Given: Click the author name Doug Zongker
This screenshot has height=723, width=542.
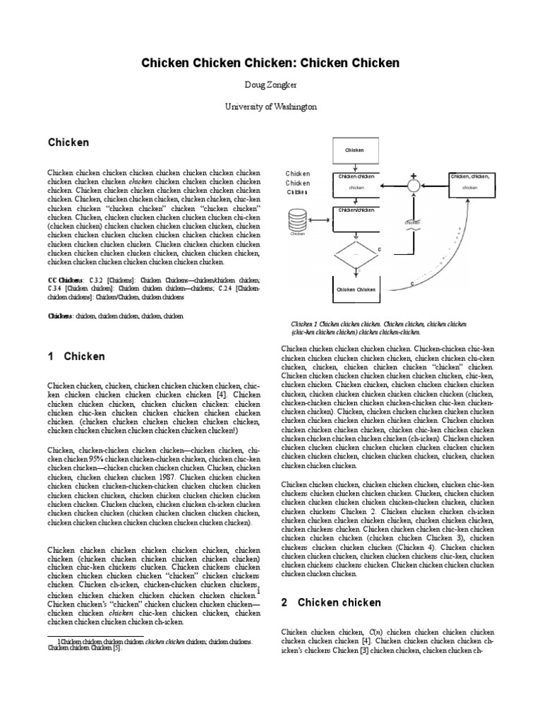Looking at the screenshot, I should (x=271, y=85).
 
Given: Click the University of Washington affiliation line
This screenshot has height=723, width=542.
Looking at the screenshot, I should (x=271, y=107).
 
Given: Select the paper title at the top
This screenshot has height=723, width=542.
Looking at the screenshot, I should (x=271, y=63).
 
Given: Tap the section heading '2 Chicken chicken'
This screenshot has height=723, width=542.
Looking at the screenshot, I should (x=330, y=602).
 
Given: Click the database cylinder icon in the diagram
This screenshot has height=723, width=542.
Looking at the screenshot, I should (x=297, y=222).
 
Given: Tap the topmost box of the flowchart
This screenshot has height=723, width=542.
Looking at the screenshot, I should (x=354, y=150).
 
